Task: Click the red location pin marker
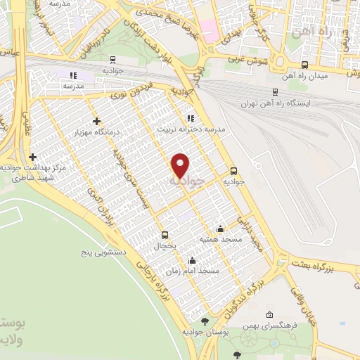pos(181,165)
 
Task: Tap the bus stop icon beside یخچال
pos(165,235)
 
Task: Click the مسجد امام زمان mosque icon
pos(192,260)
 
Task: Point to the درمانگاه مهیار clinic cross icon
pos(96,121)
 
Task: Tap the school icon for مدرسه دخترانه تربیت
pos(190,118)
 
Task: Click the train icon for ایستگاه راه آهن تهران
pos(274,91)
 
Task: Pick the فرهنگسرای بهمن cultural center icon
pos(269,314)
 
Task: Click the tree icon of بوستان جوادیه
pos(205,321)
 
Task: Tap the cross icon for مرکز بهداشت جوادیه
pos(32,157)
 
